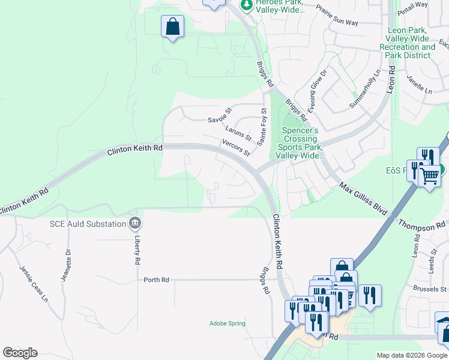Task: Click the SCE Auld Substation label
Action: pyautogui.click(x=88, y=224)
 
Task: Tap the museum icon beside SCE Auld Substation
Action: pyautogui.click(x=135, y=224)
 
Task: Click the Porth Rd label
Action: pyautogui.click(x=157, y=280)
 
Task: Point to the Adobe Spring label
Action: pyautogui.click(x=228, y=323)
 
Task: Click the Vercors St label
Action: pyautogui.click(x=236, y=148)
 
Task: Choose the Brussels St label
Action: pyautogui.click(x=430, y=289)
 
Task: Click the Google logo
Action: pyautogui.click(x=20, y=353)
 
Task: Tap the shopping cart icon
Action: pyautogui.click(x=429, y=176)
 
